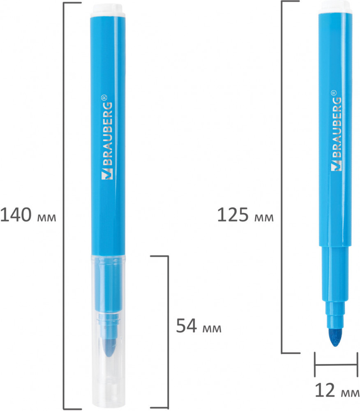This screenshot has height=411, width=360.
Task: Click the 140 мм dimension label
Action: (x=28, y=215)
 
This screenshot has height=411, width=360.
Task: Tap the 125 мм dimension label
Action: (x=245, y=215)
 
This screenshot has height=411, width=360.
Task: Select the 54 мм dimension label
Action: (x=198, y=326)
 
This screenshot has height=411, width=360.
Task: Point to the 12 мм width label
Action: (x=337, y=390)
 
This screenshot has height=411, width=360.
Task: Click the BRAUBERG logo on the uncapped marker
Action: (x=336, y=130)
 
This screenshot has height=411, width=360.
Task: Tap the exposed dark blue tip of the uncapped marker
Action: (x=335, y=337)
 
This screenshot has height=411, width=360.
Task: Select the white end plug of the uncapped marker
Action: (x=336, y=7)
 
